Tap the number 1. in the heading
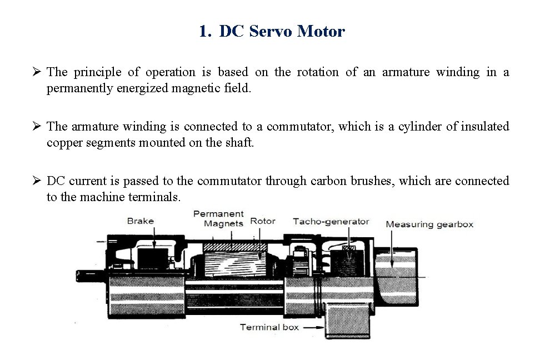click(205, 32)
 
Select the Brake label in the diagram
click(141, 221)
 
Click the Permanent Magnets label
click(218, 218)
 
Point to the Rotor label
click(263, 221)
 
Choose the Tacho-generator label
click(331, 221)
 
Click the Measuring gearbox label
click(429, 224)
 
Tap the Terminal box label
click(269, 327)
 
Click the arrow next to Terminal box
click(313, 327)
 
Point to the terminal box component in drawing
click(349, 321)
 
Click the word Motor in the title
click(321, 32)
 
